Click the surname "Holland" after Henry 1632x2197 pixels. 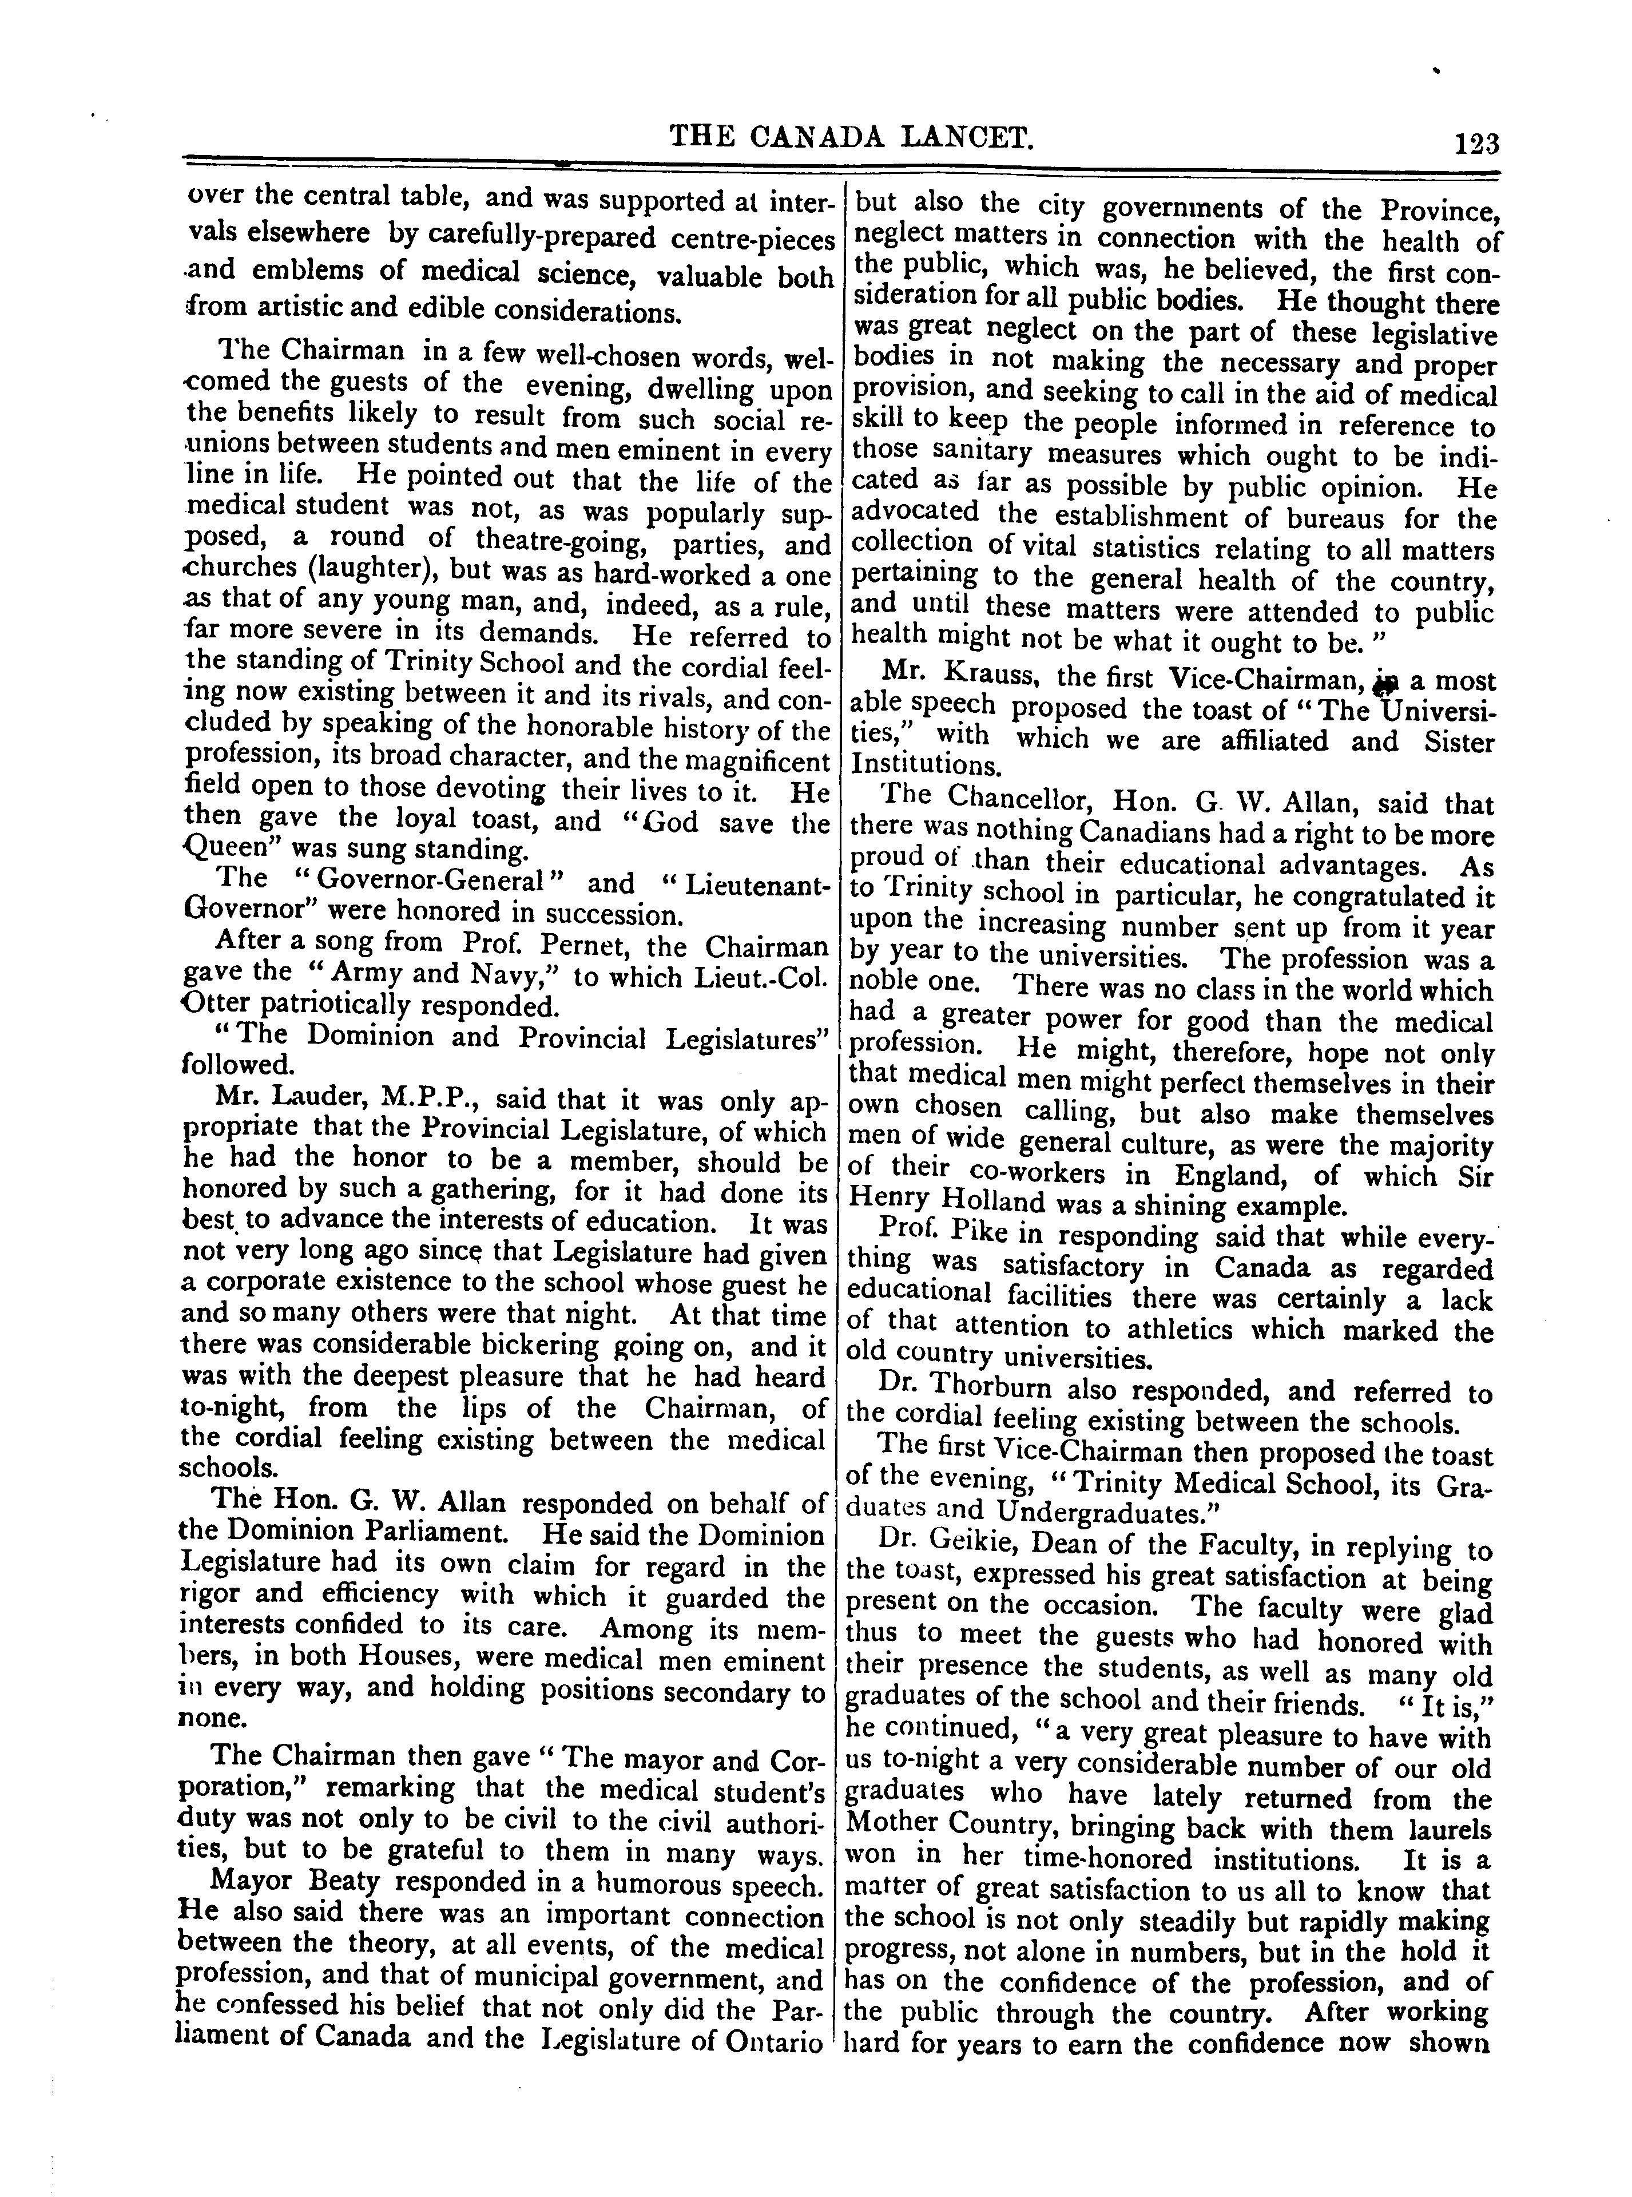(992, 1204)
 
